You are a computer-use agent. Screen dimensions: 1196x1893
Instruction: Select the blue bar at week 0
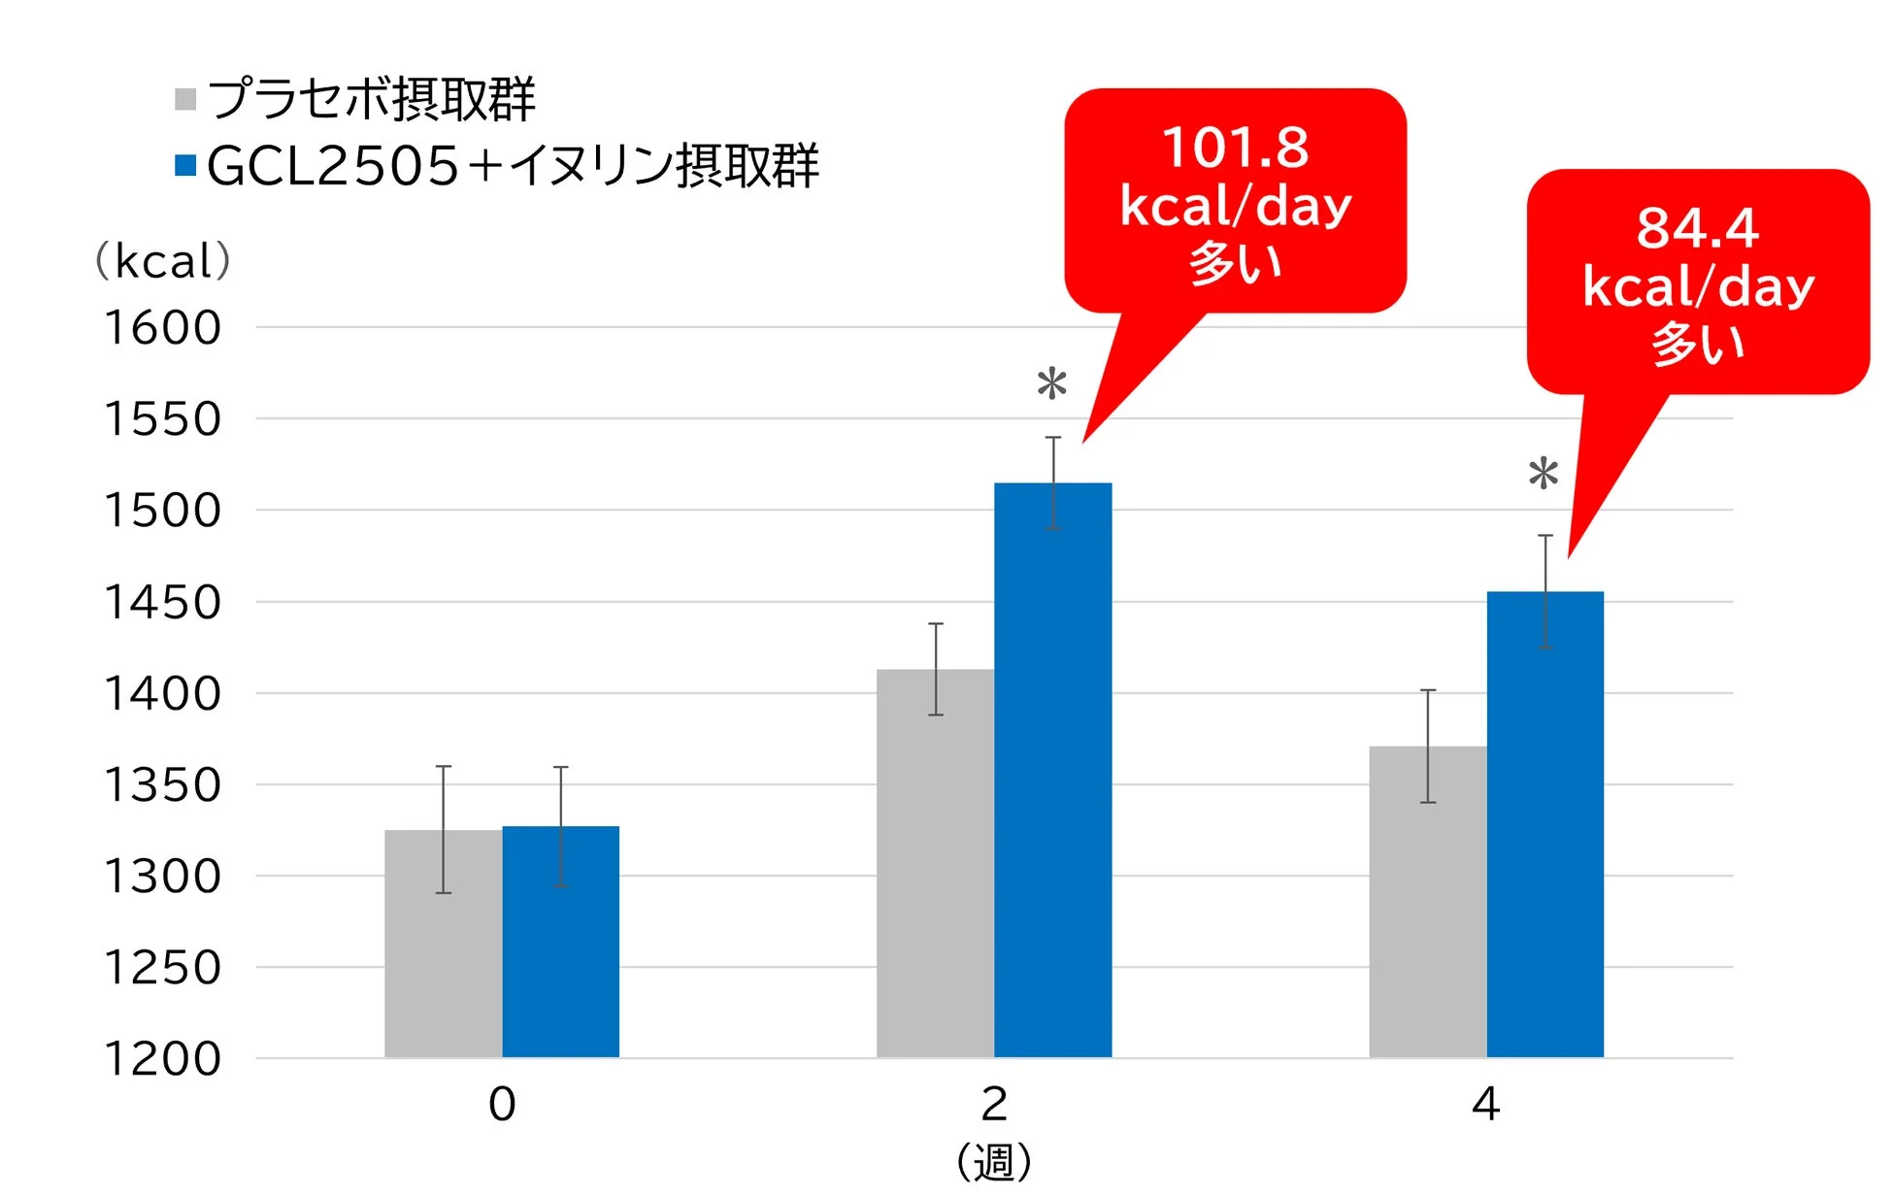[560, 947]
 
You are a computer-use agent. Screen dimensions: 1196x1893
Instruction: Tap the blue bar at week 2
[1052, 777]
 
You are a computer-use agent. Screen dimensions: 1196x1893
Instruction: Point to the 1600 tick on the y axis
[163, 328]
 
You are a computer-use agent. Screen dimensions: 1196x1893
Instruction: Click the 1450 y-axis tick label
[163, 603]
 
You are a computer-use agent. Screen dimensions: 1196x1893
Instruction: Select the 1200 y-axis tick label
[163, 1059]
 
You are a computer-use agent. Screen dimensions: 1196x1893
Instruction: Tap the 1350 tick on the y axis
[163, 785]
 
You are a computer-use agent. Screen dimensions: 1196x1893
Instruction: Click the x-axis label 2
[994, 1105]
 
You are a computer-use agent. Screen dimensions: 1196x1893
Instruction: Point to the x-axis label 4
[1485, 1105]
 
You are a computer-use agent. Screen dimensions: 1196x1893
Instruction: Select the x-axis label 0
[502, 1105]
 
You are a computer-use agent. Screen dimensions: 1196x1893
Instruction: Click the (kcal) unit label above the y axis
[163, 261]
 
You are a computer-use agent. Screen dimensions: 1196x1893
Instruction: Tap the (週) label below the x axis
[994, 1162]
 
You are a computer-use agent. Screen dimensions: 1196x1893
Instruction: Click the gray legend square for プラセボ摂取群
[185, 99]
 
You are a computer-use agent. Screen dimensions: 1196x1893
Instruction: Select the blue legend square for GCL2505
[185, 165]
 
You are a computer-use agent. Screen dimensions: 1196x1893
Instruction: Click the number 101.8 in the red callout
[1235, 149]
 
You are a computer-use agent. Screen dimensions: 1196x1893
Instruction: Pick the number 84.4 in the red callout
[1697, 229]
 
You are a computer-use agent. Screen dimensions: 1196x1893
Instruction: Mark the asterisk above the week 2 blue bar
[1051, 383]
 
